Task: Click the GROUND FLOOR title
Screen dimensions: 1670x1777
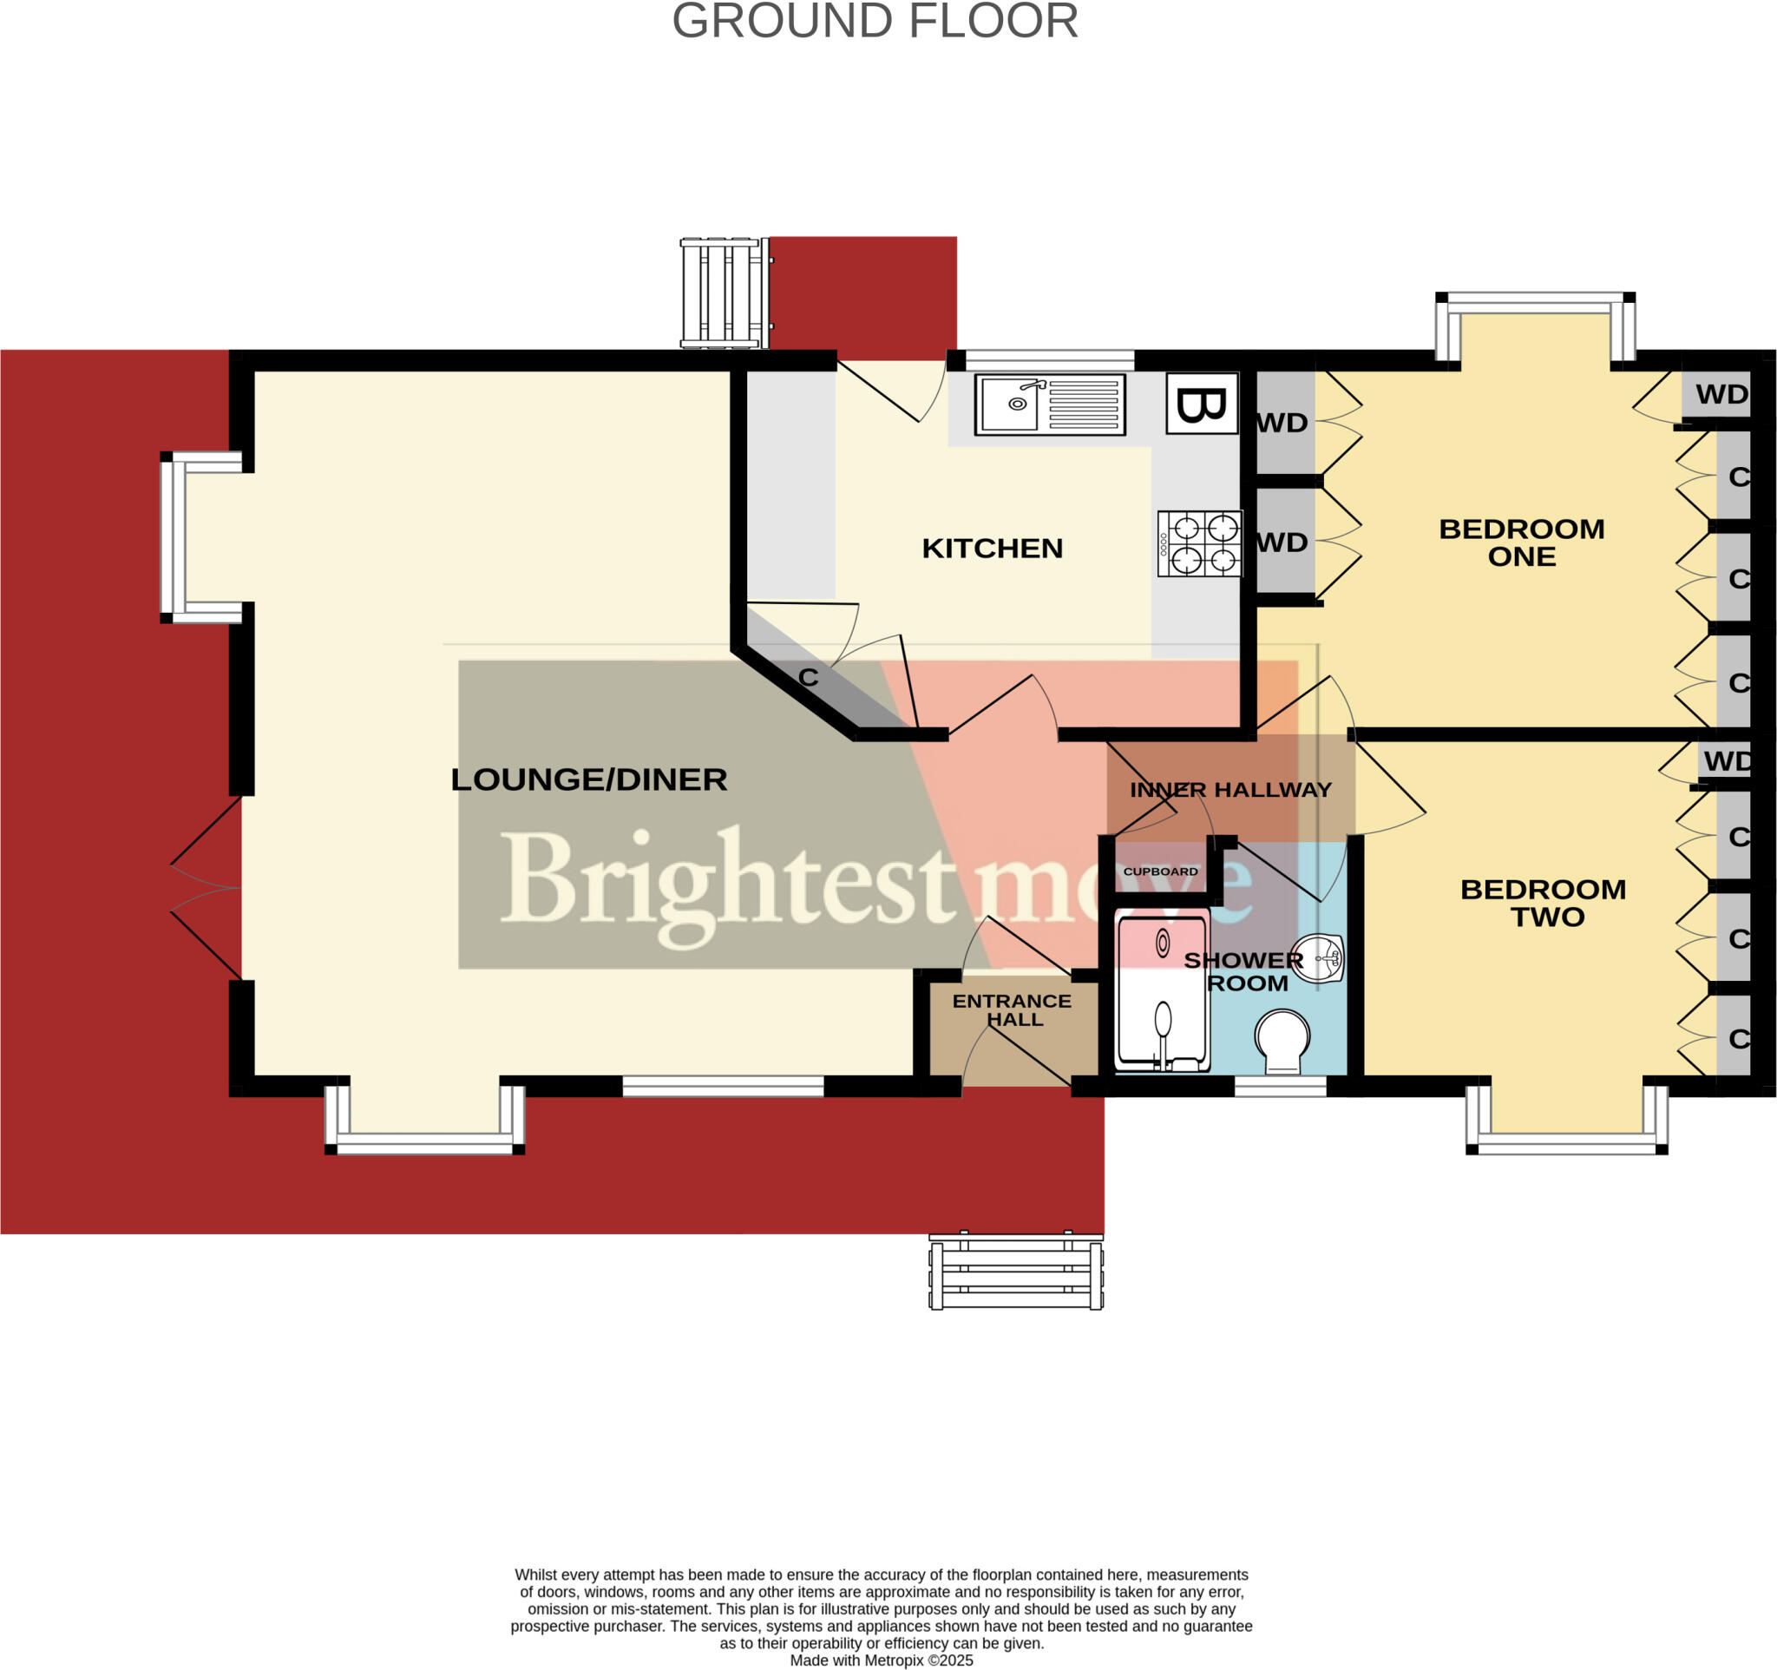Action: (875, 22)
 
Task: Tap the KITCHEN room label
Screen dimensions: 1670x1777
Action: (993, 548)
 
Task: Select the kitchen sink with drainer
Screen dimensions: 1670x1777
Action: (1049, 405)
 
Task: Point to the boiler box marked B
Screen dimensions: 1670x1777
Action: (1203, 404)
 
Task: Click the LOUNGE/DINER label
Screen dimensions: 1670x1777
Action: (588, 779)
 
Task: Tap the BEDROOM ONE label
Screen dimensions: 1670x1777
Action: (1521, 542)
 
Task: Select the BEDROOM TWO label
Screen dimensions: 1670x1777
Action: (1543, 903)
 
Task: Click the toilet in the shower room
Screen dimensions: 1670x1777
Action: (1282, 1042)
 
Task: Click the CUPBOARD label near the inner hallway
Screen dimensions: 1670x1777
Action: (1160, 871)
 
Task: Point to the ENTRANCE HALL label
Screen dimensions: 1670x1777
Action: (1012, 1010)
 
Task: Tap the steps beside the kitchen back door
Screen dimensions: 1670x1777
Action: (724, 293)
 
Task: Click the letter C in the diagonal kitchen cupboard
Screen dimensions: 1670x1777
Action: (808, 678)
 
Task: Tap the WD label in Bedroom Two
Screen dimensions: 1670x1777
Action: (1726, 762)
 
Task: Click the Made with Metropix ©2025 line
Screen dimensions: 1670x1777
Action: (881, 1660)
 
